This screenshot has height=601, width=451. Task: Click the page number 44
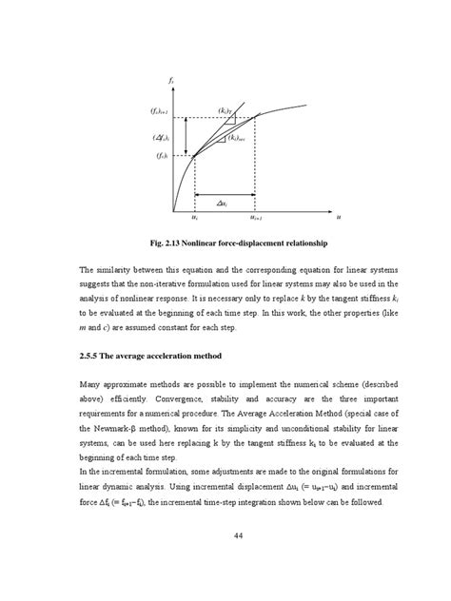point(225,560)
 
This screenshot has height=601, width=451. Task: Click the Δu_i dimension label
point(222,203)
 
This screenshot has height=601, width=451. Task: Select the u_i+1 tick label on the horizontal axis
point(258,218)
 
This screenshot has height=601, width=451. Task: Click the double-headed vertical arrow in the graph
point(186,138)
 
